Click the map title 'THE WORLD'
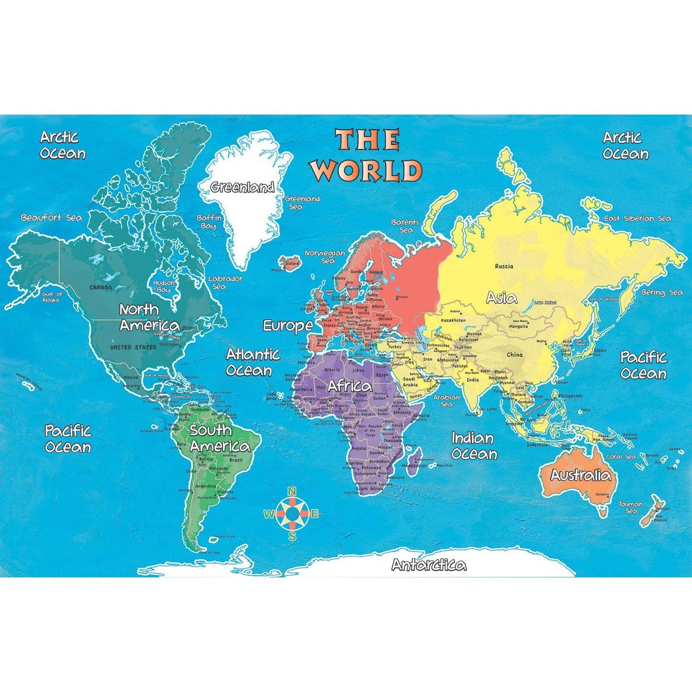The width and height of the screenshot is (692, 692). [x=367, y=154]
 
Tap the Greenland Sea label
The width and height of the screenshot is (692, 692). [x=302, y=203]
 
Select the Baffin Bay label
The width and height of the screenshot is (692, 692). [x=209, y=221]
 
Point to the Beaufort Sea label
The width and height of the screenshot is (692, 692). [x=52, y=218]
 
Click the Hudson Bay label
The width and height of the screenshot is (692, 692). [x=164, y=286]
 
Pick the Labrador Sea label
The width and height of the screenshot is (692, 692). [x=225, y=283]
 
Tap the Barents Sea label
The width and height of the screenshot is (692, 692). [x=405, y=226]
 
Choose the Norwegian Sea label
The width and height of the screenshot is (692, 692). [x=326, y=257]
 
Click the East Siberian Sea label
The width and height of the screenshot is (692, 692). [x=637, y=218]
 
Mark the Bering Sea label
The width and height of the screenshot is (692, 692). [x=662, y=292]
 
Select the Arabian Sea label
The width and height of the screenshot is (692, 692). [x=446, y=400]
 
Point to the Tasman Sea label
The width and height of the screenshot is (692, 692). [x=631, y=507]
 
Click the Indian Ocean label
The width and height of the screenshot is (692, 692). [x=474, y=446]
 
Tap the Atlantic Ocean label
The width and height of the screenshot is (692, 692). [x=252, y=362]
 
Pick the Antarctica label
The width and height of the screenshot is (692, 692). [x=429, y=565]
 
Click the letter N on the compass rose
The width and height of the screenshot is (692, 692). [x=292, y=491]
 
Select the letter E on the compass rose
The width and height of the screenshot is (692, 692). [x=315, y=514]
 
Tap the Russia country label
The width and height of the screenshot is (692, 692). [x=504, y=266]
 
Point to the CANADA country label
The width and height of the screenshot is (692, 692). [x=101, y=287]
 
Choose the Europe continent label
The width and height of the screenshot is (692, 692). [x=287, y=326]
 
